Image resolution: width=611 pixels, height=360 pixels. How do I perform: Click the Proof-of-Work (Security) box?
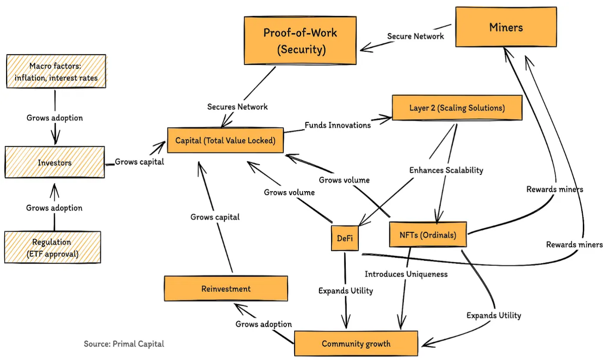click(300, 41)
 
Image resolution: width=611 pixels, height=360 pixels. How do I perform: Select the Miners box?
click(506, 27)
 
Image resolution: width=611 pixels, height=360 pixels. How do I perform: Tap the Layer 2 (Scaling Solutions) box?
click(457, 108)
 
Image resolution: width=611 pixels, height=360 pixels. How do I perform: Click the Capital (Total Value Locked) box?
click(225, 140)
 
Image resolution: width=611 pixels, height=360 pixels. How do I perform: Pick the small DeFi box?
click(345, 238)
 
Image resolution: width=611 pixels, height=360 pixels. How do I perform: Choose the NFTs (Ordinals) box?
click(427, 235)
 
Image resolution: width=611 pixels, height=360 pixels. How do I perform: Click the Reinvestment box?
click(226, 289)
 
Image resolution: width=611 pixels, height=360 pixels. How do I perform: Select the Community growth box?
click(356, 344)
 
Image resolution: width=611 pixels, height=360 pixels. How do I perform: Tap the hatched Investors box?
click(55, 162)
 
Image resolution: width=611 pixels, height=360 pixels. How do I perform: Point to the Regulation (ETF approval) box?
click(53, 248)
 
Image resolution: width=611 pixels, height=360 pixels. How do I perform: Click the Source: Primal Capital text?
click(124, 344)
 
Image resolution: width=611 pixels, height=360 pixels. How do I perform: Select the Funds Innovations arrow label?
click(337, 125)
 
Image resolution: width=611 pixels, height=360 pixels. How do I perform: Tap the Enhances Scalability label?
click(446, 170)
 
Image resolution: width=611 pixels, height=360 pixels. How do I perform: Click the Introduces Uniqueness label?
click(406, 274)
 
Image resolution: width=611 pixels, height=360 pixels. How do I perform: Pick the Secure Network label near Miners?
click(415, 36)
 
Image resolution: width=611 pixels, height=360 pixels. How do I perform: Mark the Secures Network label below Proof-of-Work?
click(237, 106)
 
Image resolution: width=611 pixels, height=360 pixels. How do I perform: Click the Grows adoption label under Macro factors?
click(54, 118)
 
